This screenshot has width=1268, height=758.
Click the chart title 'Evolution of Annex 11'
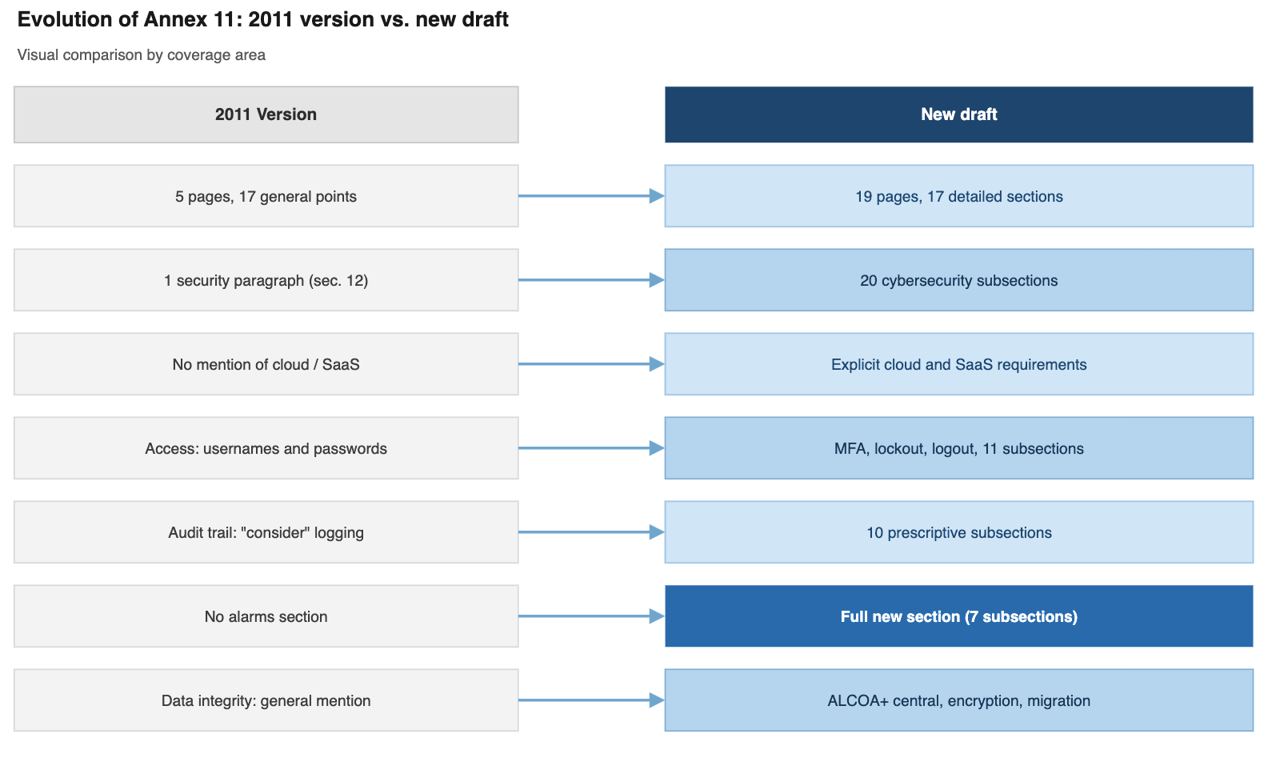coord(262,19)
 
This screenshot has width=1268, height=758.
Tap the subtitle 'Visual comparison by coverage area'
coord(141,55)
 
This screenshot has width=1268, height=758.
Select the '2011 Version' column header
coord(266,114)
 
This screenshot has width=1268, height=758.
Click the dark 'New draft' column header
coord(958,114)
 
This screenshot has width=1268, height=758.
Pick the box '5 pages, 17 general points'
coord(266,196)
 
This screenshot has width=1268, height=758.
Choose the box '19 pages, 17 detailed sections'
coord(958,196)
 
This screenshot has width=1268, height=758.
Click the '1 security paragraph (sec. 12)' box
coord(266,280)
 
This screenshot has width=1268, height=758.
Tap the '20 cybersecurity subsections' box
coord(958,280)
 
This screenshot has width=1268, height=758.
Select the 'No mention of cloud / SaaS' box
coord(266,364)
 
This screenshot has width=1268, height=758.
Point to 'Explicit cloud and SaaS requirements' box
coord(958,364)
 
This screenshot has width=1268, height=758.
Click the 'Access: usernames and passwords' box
coord(266,448)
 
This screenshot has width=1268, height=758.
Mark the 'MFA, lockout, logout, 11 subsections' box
coord(958,448)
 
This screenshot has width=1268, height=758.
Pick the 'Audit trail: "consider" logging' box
coord(266,532)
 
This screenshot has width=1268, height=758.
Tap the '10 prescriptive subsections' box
coord(958,532)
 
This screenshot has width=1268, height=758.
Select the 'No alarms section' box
coord(266,616)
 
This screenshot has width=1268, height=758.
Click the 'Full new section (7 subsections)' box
coord(958,616)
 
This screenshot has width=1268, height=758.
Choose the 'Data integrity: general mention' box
coord(266,700)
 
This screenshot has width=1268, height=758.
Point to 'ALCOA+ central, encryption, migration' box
coord(958,700)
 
